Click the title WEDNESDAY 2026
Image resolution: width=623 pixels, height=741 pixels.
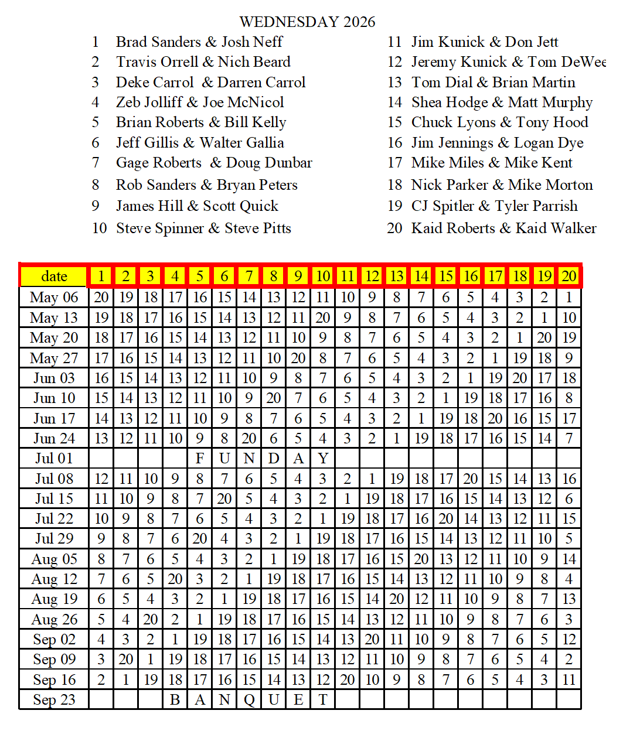pyautogui.click(x=307, y=22)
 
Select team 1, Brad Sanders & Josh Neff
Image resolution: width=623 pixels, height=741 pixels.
pyautogui.click(x=199, y=42)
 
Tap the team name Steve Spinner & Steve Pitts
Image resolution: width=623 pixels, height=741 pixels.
pyautogui.click(x=203, y=228)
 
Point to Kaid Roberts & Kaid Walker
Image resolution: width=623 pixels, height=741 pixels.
pyautogui.click(x=503, y=228)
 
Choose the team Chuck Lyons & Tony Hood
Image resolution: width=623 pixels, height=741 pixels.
pyautogui.click(x=499, y=122)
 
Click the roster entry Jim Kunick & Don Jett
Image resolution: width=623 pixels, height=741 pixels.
pyautogui.click(x=484, y=42)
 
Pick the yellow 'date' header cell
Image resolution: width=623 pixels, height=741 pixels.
pyautogui.click(x=54, y=276)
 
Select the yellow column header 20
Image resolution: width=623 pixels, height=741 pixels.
pyautogui.click(x=569, y=276)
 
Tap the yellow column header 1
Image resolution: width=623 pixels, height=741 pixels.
pyautogui.click(x=101, y=276)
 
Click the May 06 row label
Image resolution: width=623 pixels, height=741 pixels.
pyautogui.click(x=54, y=298)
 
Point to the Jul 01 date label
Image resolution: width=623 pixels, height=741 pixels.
pyautogui.click(x=54, y=459)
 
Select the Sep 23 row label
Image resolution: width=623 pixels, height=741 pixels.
pyautogui.click(x=54, y=700)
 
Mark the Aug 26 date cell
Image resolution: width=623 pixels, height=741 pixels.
pyautogui.click(x=54, y=620)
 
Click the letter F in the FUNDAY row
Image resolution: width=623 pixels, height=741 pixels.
pyautogui.click(x=200, y=459)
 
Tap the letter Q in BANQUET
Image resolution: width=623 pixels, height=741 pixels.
pyautogui.click(x=249, y=700)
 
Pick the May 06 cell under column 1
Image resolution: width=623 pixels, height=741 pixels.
pyautogui.click(x=101, y=298)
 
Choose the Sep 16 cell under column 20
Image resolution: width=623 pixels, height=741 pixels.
pyautogui.click(x=569, y=680)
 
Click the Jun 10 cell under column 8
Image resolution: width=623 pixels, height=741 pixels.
pyautogui.click(x=274, y=398)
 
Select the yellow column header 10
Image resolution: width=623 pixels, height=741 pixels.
pyautogui.click(x=323, y=276)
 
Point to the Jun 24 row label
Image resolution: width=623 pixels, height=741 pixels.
pyautogui.click(x=54, y=439)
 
